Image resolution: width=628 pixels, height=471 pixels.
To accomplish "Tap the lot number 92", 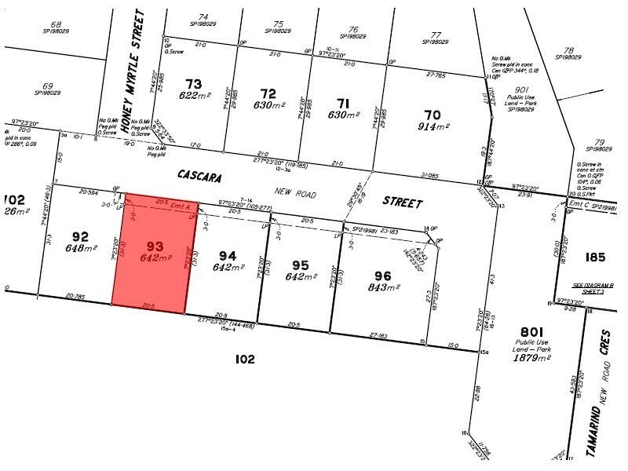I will [79, 235].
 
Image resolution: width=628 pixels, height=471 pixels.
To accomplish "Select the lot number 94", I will [227, 255].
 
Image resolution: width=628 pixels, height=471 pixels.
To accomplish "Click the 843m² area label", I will [382, 287].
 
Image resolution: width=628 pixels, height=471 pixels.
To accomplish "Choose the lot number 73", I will [193, 84].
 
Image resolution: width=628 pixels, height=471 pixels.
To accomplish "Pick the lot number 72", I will [269, 93].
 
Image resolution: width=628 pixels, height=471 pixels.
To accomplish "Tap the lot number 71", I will [341, 103].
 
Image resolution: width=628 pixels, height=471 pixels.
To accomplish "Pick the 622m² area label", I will [193, 96].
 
